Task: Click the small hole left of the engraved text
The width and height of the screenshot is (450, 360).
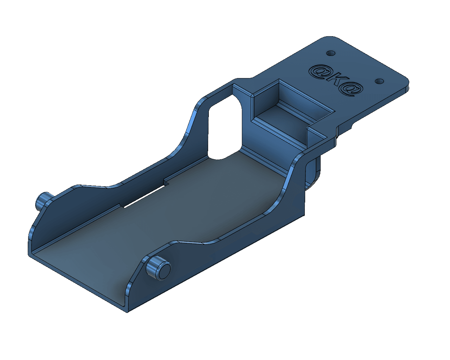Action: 330,53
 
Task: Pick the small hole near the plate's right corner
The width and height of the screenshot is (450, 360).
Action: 379,81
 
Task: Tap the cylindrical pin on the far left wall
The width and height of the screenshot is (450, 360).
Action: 43,200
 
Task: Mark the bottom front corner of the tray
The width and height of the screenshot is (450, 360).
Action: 127,311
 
